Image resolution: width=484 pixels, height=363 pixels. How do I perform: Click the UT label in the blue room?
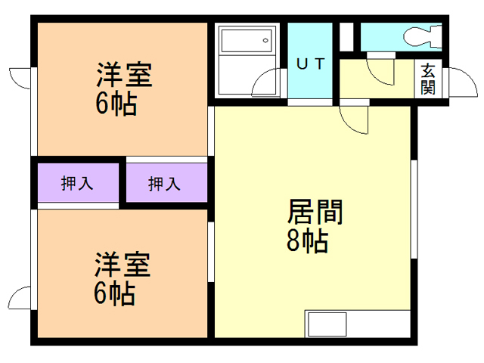click(310, 64)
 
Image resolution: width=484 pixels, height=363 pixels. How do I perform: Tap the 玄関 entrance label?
click(428, 78)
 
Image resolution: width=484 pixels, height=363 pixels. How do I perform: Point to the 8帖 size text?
click(307, 241)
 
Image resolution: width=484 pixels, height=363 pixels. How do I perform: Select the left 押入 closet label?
click(76, 183)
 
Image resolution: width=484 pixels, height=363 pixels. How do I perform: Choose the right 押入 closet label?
click(164, 183)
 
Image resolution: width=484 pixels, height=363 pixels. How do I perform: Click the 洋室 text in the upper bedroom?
click(123, 76)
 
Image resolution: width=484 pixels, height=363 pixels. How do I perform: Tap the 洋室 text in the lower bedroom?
click(123, 265)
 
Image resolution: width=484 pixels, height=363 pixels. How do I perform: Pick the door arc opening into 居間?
click(354, 118)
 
